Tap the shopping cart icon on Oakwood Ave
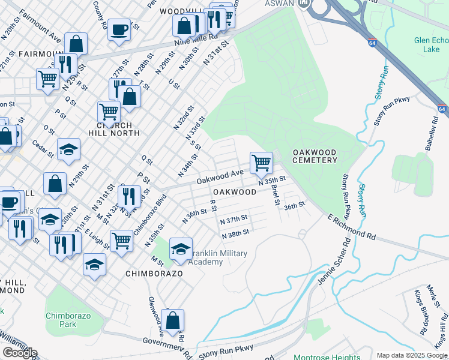(x=261, y=162)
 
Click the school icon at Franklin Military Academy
(x=181, y=248)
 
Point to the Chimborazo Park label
(x=60, y=320)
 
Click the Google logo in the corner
(x=20, y=353)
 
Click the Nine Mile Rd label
(x=176, y=44)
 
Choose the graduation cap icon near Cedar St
(x=68, y=149)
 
